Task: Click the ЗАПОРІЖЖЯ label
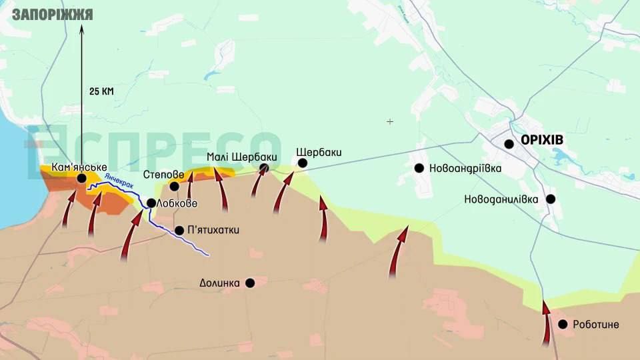click(x=52, y=14)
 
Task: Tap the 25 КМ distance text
click(x=101, y=91)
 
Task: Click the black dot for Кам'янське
click(x=81, y=178)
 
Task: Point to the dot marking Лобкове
click(x=151, y=203)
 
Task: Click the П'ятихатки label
click(x=213, y=231)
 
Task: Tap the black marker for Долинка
click(x=250, y=283)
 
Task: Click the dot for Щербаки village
click(x=303, y=163)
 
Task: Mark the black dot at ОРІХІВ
click(x=509, y=143)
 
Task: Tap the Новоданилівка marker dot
click(x=551, y=199)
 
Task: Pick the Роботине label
click(x=597, y=325)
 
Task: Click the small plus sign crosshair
click(x=390, y=121)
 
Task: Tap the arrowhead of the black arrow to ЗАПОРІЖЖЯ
click(x=82, y=28)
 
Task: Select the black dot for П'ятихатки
click(x=179, y=231)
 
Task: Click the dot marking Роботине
click(x=563, y=324)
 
